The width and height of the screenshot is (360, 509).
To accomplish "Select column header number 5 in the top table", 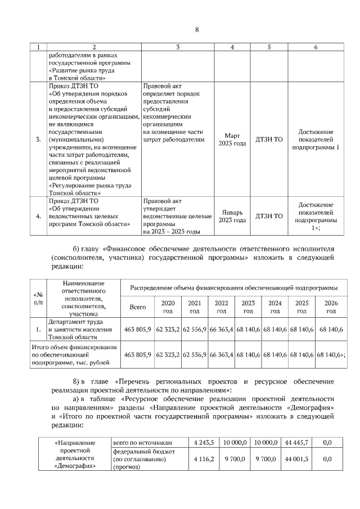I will (269, 47).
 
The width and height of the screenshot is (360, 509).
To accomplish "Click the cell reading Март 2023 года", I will (232, 139).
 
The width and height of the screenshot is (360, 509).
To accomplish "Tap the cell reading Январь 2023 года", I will (232, 216).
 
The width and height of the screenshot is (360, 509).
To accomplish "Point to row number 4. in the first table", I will (38, 216).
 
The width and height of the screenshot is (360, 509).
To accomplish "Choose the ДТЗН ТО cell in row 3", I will (269, 139).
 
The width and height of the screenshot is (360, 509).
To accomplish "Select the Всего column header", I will (138, 307).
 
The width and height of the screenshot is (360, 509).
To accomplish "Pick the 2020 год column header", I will (168, 307).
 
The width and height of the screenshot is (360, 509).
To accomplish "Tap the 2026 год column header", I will (331, 307).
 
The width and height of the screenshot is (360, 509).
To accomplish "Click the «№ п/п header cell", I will (38, 298).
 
